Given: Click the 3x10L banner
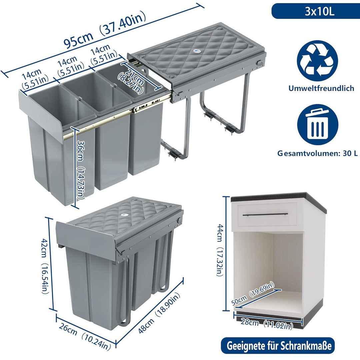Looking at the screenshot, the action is click(x=316, y=11).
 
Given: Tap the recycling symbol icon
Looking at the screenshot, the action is click(x=318, y=61).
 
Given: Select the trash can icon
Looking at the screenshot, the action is click(x=318, y=125).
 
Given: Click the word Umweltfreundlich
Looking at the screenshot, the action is click(x=321, y=88).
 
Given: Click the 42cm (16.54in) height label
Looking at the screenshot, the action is click(x=45, y=266).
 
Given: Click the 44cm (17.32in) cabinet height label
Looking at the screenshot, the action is click(x=220, y=250).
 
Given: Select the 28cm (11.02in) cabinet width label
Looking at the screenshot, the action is click(x=267, y=324).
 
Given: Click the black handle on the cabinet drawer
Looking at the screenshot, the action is click(x=265, y=214).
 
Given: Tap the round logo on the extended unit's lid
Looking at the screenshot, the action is click(x=197, y=51).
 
